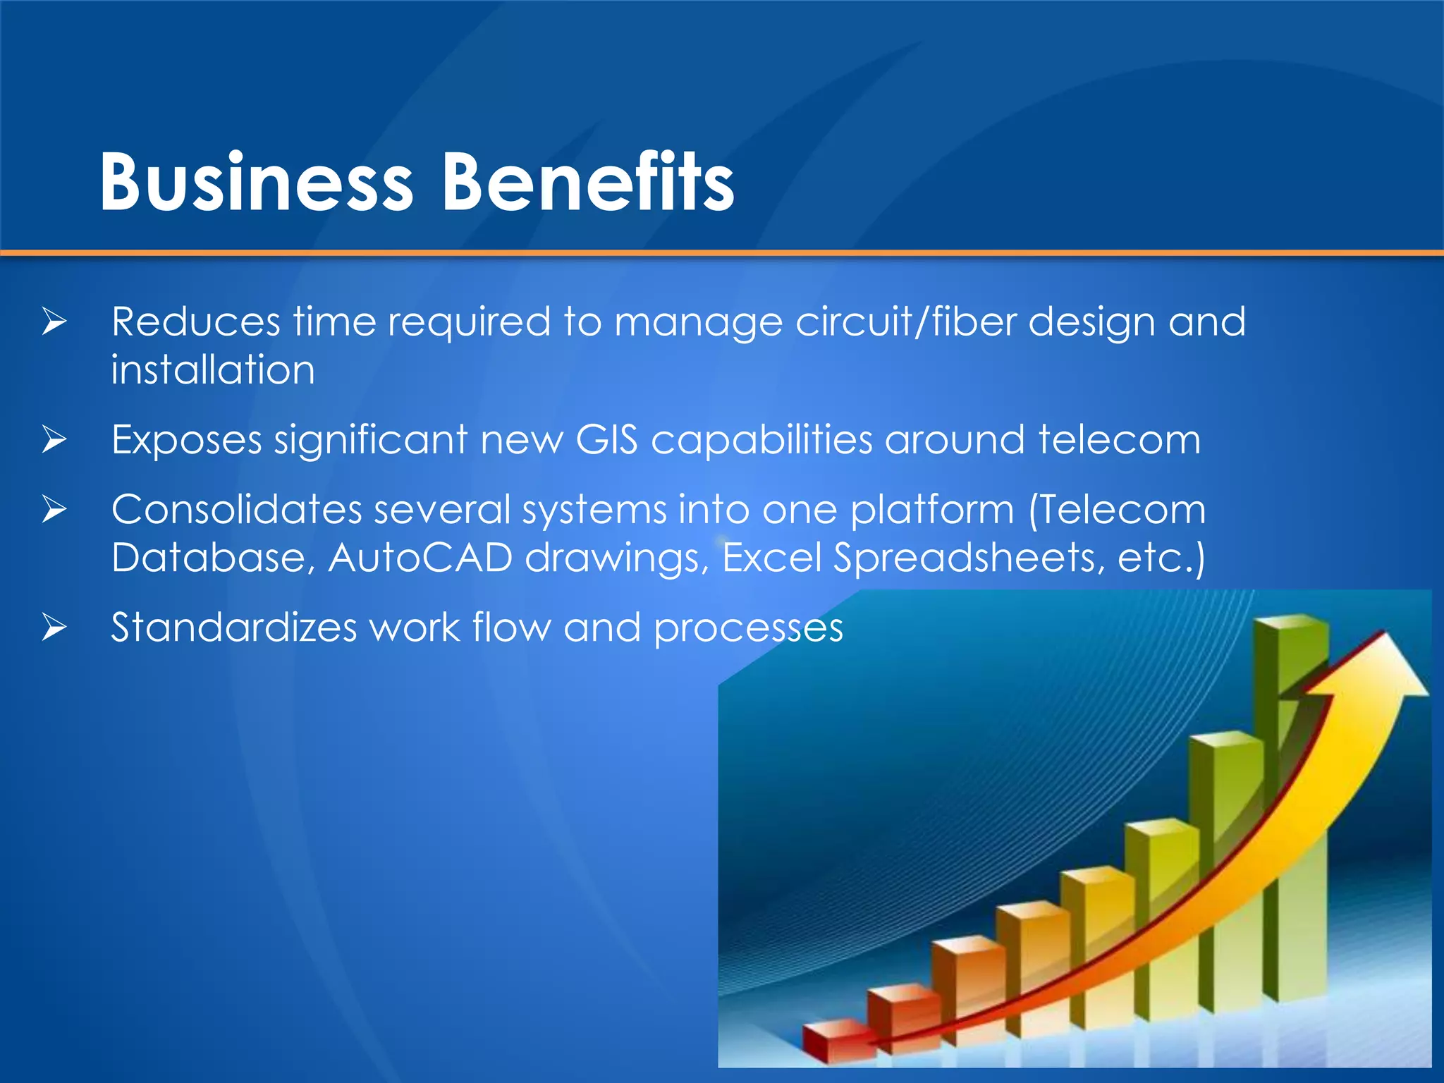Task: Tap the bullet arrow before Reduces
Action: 54,322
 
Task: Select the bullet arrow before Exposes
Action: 54,440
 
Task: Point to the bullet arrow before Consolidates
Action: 54,510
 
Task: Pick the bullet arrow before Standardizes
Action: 54,628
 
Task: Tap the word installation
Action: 213,370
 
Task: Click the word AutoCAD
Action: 420,558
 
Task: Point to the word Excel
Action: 772,558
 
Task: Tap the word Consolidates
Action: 236,510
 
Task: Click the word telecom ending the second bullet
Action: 1119,440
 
